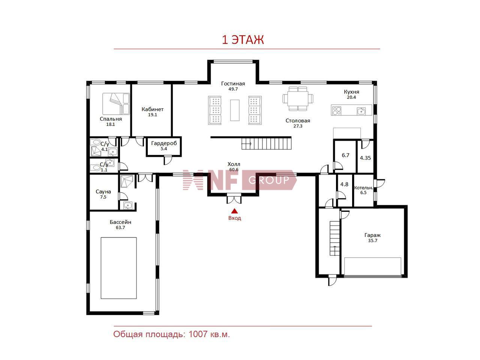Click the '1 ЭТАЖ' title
coord(243,40)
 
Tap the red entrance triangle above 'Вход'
coord(234,211)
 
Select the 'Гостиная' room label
coord(233,84)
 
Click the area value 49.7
coord(233,89)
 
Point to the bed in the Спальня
coord(116,104)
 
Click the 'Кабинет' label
coord(152,109)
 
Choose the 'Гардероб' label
coord(164,143)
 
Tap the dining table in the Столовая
coord(298,98)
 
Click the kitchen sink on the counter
coord(361,111)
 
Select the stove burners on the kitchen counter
coord(336,110)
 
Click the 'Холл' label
coord(234,164)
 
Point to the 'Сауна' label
coord(103,192)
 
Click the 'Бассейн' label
coord(120,222)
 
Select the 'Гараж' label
coord(373,235)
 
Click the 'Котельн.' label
coord(363,188)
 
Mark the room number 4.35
coord(365,158)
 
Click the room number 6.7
coord(345,155)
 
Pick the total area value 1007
coord(198,334)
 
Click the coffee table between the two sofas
coord(235,110)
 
